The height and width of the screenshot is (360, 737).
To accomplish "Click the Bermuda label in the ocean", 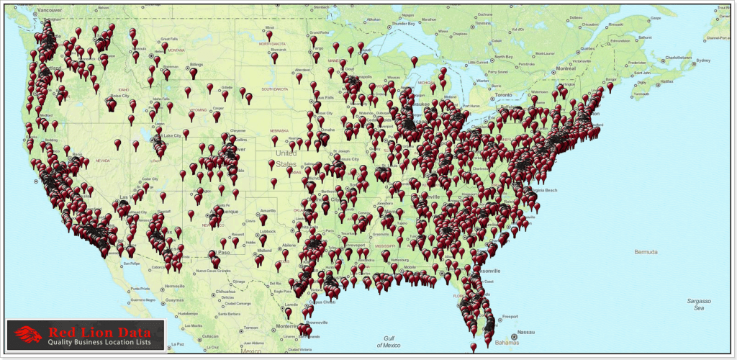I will (646, 252).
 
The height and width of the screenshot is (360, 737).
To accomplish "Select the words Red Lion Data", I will (101, 332).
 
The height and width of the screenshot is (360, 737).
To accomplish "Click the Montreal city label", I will (566, 68).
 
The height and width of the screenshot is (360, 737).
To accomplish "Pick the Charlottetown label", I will (677, 57).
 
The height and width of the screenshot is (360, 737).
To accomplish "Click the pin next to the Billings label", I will (193, 73).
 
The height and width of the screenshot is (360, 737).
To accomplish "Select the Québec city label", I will (587, 49).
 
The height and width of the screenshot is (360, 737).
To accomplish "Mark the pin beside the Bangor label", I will (610, 87).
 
